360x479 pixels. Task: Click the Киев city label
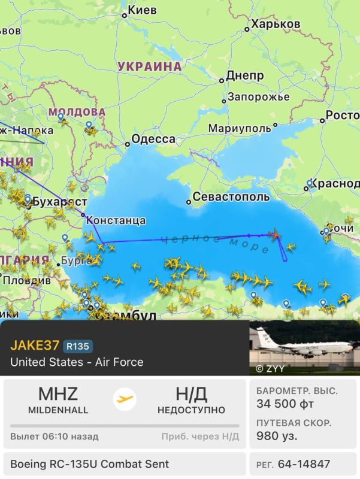coord(143,10)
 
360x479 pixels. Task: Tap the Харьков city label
coord(276,24)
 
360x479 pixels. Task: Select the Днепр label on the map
coord(244,76)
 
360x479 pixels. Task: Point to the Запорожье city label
coord(258,97)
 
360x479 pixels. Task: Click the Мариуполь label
coord(240,129)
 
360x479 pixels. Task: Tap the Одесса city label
coord(153,140)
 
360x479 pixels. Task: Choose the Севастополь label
coord(230,197)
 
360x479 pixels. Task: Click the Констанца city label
coord(116,220)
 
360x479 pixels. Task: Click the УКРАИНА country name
coord(149,66)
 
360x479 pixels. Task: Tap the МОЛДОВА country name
coord(77,112)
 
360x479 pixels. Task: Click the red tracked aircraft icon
coord(275,234)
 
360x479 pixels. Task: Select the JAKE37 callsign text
coord(35,345)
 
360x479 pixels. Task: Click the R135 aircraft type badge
coord(78,345)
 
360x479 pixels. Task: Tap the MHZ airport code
coord(58,394)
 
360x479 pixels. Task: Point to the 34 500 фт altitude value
coord(285,404)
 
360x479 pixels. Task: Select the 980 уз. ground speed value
coord(277,436)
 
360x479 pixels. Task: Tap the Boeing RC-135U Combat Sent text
coord(90,464)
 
